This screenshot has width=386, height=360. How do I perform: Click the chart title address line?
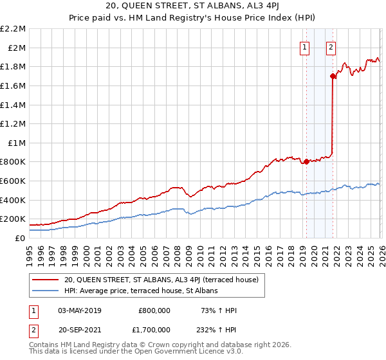pos(193,7)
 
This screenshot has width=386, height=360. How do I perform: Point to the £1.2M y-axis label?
pos(14,123)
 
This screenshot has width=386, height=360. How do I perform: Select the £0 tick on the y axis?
pos(21,238)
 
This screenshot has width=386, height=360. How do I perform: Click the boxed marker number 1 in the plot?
pos(304,46)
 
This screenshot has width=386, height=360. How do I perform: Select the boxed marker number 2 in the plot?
pos(331,46)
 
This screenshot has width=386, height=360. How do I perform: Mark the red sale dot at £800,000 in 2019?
pos(306,161)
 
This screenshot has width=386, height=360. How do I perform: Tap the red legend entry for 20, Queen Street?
pos(161,280)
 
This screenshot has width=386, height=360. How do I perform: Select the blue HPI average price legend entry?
pos(141,291)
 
